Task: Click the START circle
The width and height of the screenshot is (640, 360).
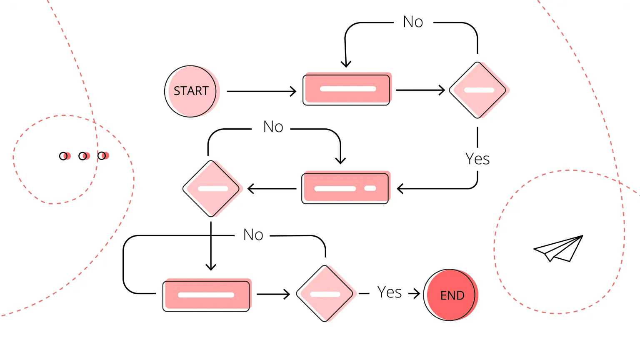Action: click(191, 91)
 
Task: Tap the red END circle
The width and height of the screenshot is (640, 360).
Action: click(450, 295)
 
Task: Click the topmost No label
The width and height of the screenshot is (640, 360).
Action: click(413, 22)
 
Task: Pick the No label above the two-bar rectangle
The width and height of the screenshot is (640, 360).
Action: click(273, 127)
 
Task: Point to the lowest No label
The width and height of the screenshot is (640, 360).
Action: click(253, 235)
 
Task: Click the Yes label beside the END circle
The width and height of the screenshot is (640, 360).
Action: click(389, 292)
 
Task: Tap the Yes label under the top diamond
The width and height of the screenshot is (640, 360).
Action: click(477, 159)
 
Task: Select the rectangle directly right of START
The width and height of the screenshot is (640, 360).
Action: click(347, 89)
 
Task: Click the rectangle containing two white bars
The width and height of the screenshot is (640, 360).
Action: click(345, 188)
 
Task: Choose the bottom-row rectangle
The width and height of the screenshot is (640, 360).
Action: click(207, 295)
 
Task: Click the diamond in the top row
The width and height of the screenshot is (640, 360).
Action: click(478, 90)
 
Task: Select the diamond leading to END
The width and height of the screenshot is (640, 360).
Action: click(325, 294)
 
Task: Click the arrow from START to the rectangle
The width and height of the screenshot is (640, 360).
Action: click(261, 91)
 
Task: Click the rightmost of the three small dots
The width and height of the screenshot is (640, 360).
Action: click(102, 156)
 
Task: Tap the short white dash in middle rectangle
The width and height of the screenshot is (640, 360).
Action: click(370, 188)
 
